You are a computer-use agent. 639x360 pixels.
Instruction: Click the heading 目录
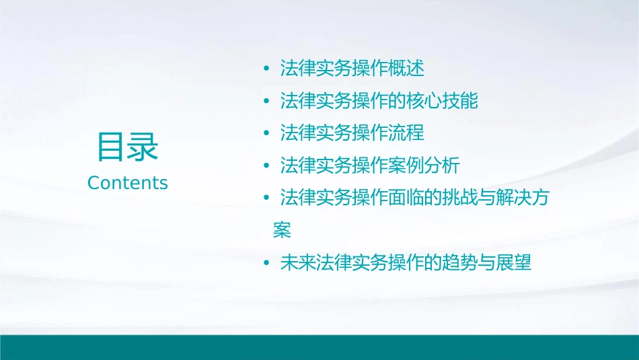tap(128, 146)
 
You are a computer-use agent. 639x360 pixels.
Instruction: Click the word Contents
tap(128, 183)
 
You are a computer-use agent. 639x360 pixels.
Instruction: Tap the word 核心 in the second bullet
tap(424, 101)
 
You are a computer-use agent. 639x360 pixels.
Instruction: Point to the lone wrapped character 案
tap(282, 230)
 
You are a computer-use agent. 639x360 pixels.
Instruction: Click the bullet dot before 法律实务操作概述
tap(267, 69)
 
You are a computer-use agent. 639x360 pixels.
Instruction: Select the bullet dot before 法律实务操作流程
tap(267, 133)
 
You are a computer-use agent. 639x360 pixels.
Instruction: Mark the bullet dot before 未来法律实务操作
tap(267, 262)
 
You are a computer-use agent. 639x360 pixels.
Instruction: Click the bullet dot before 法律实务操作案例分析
tap(267, 165)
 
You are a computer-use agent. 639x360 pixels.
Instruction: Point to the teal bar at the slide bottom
tap(319, 347)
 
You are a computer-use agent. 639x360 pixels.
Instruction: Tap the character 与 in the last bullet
tap(486, 262)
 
